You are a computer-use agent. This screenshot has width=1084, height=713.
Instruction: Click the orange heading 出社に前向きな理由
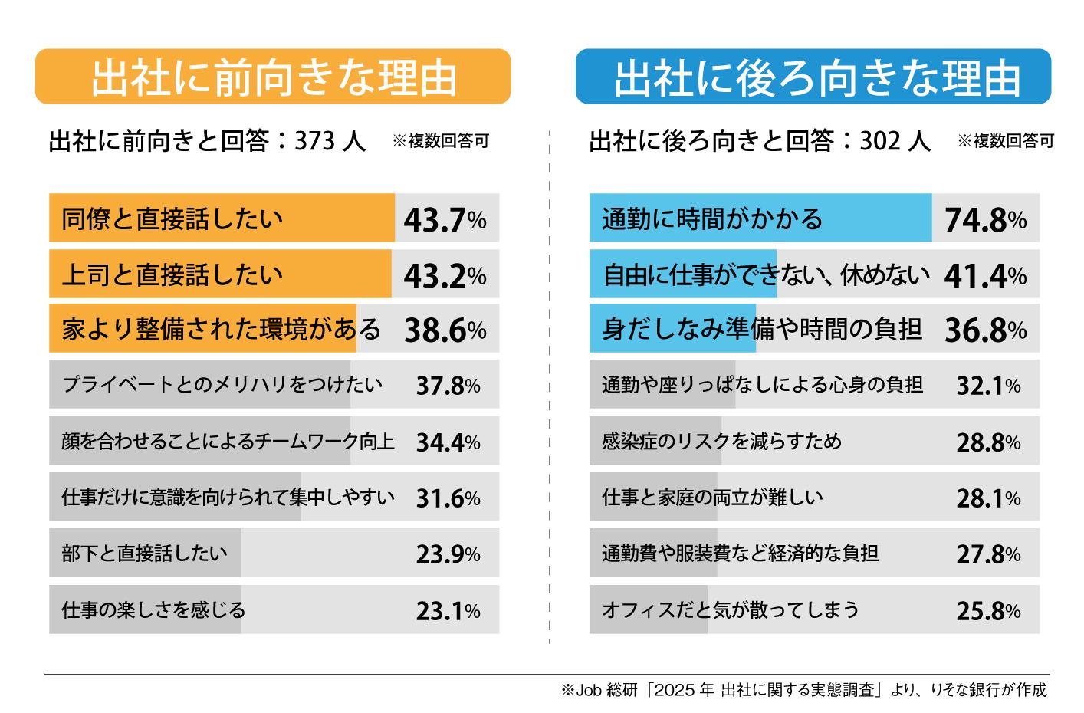273,77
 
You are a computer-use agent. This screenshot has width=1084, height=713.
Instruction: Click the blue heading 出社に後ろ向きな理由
813,77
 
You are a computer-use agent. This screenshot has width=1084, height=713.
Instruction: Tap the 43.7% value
445,220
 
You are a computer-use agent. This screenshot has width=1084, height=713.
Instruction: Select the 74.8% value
985,220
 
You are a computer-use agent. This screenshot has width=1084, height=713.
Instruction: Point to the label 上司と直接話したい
172,274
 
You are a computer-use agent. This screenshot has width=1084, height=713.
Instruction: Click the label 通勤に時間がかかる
712,219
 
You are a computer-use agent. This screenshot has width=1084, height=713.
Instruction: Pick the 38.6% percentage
445,330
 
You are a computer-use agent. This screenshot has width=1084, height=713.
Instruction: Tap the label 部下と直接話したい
144,553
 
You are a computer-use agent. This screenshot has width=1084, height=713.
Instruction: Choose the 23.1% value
448,610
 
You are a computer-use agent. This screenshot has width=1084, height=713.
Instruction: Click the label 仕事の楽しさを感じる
153,609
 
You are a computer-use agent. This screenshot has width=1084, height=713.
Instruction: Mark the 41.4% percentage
985,275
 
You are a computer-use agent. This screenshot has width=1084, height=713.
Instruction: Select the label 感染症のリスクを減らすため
721,442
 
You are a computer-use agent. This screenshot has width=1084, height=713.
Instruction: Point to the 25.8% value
988,610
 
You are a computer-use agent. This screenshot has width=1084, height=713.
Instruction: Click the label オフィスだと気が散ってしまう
730,609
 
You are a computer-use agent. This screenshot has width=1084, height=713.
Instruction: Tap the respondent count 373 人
330,141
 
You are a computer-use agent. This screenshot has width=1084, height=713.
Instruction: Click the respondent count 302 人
895,141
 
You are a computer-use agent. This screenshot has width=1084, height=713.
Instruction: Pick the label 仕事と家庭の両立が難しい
712,498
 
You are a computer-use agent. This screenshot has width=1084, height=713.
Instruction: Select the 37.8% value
448,386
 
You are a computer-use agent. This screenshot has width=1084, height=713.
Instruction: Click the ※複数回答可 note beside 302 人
1005,141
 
